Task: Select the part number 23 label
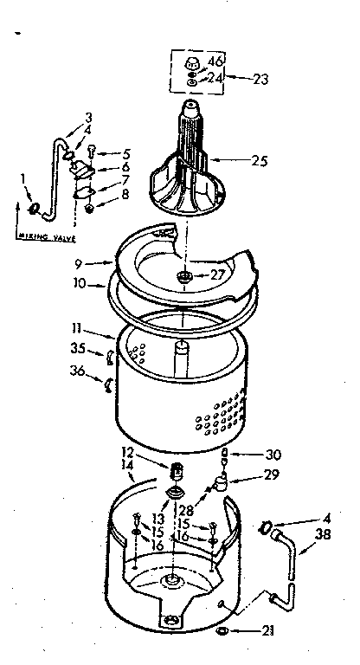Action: click(x=260, y=78)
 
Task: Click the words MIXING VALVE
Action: click(x=45, y=236)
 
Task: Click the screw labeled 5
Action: click(x=102, y=153)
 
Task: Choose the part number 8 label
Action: click(x=125, y=196)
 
